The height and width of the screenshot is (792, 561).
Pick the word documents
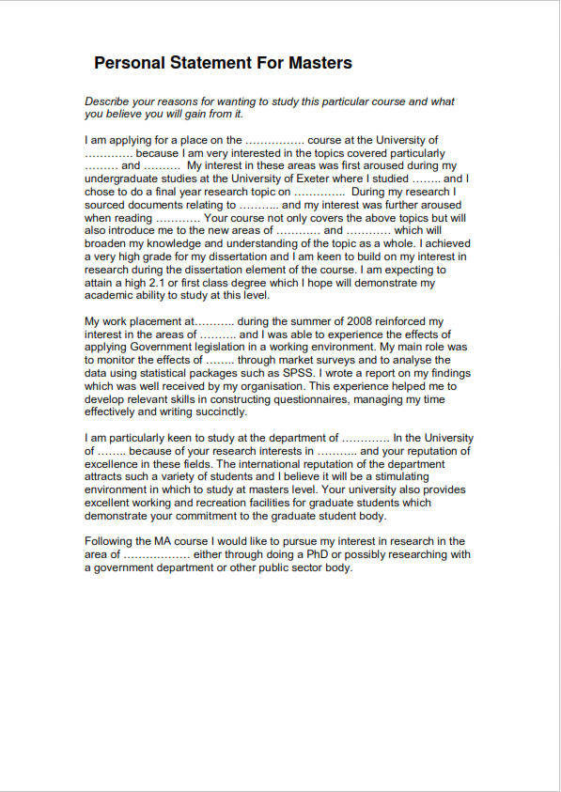point(167,205)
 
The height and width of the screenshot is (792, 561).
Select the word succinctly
point(220,412)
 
